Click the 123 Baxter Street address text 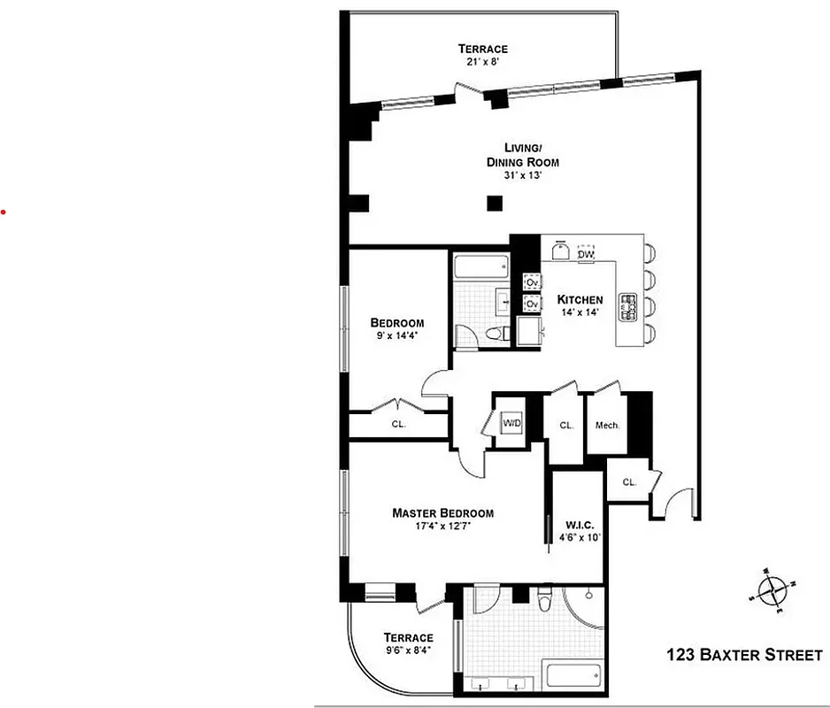(x=744, y=656)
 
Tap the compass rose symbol (x=772, y=590)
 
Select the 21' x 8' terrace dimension (x=483, y=63)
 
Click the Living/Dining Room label (x=522, y=155)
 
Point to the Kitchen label (x=580, y=300)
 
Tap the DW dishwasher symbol (x=585, y=254)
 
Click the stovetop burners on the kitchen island (x=630, y=306)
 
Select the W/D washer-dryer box (x=512, y=423)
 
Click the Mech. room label (x=607, y=426)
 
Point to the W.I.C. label (x=580, y=523)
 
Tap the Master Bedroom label (x=442, y=513)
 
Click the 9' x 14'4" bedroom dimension (x=396, y=336)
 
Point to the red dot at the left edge (x=3, y=212)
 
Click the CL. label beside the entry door (x=629, y=482)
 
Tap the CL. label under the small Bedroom (x=398, y=424)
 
